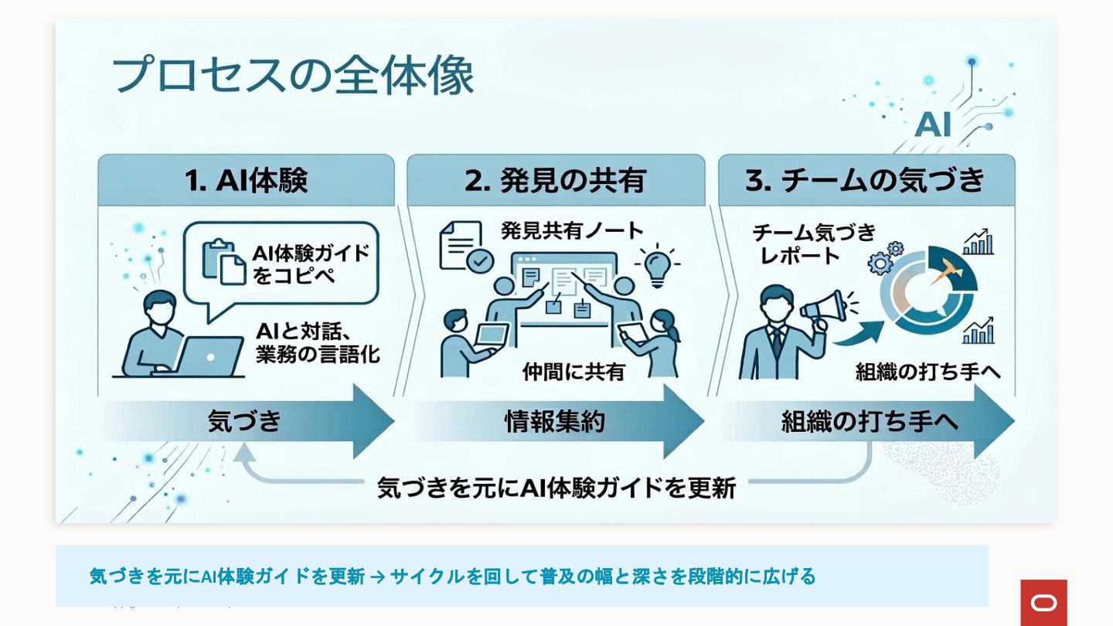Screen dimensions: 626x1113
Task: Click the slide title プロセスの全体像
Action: (x=292, y=76)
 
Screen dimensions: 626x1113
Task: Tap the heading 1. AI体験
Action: (x=246, y=181)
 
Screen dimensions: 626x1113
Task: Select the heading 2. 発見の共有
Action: (x=555, y=181)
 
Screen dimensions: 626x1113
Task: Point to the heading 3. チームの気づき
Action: (x=865, y=181)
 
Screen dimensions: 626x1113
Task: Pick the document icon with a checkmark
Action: (x=466, y=247)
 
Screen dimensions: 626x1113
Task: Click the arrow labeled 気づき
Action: (x=246, y=421)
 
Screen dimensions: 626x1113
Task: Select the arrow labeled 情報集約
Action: (x=555, y=421)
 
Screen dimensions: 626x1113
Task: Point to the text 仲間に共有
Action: (x=573, y=372)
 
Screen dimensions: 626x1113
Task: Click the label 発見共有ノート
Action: (x=572, y=230)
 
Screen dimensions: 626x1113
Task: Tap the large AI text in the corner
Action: (x=932, y=124)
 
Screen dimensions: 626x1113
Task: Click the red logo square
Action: (x=1043, y=602)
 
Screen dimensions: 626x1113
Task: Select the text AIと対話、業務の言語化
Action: (x=318, y=343)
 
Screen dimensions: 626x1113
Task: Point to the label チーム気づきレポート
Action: (x=813, y=243)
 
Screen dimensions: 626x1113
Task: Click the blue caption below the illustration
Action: (x=453, y=576)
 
